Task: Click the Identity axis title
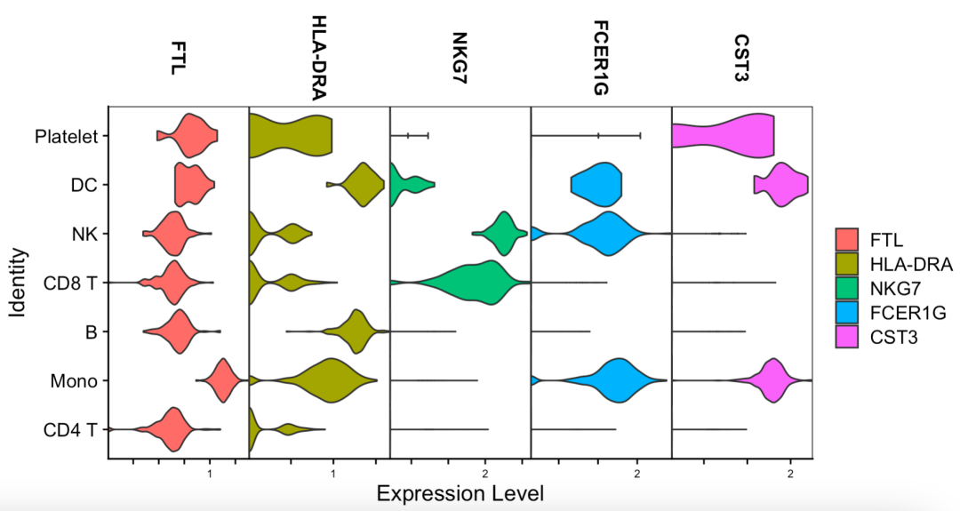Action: pos(17,283)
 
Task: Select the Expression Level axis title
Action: pos(460,493)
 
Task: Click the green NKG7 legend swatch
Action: pos(846,289)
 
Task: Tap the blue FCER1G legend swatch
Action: pos(846,313)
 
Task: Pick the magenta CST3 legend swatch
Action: pos(846,337)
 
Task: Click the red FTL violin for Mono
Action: pos(221,380)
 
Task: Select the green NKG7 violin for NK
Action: pos(503,234)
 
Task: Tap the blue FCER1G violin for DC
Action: pos(597,185)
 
